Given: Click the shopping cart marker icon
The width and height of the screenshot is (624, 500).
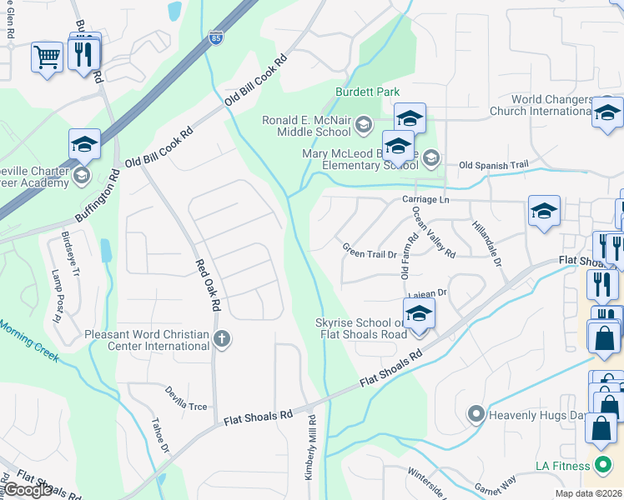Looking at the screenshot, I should click(47, 57).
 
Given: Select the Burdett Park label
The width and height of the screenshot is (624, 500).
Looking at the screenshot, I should click(368, 92).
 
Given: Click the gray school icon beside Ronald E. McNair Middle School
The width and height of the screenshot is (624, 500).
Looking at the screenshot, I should click(363, 126).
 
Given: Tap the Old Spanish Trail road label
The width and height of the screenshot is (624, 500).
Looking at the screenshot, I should click(494, 165).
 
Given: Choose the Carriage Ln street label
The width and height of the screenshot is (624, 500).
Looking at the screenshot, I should click(425, 200).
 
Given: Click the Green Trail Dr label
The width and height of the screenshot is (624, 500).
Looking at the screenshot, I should click(368, 249).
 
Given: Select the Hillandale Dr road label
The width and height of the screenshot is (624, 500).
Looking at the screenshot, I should click(486, 244).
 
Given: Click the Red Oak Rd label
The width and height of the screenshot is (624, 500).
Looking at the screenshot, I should click(207, 285).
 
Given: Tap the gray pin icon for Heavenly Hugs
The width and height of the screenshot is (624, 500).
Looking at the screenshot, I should click(476, 413).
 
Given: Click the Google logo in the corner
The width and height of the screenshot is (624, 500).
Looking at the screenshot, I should click(28, 489).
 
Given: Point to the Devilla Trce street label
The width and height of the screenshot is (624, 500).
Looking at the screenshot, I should click(185, 400).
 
